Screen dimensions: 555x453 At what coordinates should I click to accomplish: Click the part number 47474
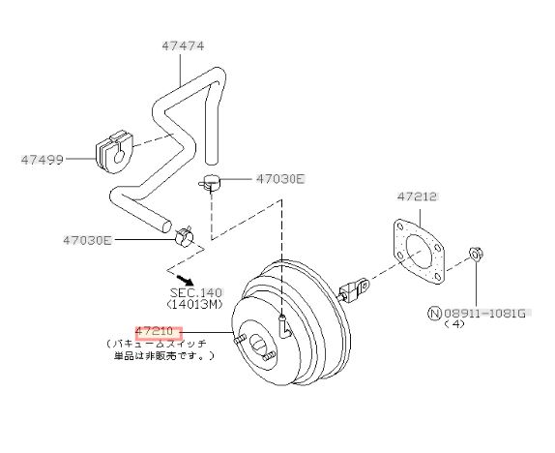click(183, 46)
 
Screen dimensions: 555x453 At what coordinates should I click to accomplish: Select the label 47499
click(43, 160)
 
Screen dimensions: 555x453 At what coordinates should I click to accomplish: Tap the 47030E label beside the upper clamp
click(280, 179)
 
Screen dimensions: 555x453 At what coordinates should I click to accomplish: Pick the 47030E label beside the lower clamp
click(87, 240)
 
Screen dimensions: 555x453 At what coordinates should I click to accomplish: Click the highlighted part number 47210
click(155, 332)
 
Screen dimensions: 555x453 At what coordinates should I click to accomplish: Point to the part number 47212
click(417, 196)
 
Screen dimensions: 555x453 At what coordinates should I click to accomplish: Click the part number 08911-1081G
click(485, 314)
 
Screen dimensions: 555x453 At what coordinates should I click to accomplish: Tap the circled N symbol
click(435, 314)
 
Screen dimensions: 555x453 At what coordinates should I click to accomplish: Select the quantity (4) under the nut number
click(454, 324)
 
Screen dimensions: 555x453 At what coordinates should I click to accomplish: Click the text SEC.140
click(195, 292)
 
